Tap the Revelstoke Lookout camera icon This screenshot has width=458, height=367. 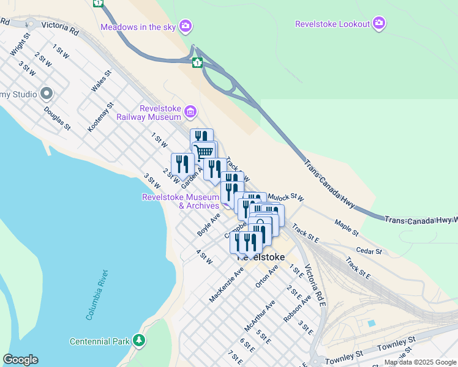(380, 24)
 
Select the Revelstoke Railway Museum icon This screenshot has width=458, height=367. (190, 111)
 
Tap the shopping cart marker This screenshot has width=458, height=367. (204, 151)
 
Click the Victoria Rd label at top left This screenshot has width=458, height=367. (61, 28)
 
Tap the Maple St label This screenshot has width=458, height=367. (347, 228)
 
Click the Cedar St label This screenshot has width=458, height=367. (369, 251)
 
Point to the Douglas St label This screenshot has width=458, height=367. (58, 119)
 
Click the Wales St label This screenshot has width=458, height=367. (101, 81)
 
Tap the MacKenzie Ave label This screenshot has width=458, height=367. (226, 284)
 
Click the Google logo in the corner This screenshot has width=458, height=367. (20, 360)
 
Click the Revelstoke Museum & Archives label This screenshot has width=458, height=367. (181, 201)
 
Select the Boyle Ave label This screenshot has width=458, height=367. (209, 225)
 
